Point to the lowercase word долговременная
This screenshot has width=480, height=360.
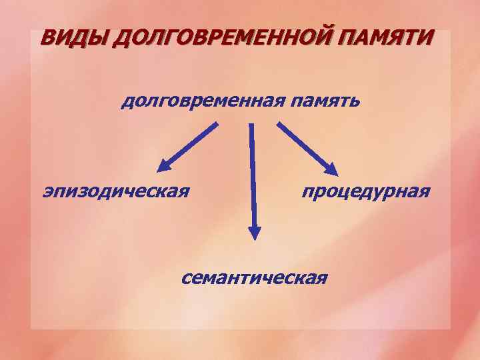pos(202,101)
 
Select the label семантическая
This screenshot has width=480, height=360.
pos(254,276)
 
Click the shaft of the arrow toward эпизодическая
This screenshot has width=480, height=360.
pos(193,142)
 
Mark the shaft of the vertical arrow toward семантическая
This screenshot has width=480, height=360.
pos(252,173)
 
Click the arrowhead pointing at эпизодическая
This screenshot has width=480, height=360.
pos(163,166)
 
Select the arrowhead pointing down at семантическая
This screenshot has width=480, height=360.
pos(254,231)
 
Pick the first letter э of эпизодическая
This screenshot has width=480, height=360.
pos(48,193)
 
